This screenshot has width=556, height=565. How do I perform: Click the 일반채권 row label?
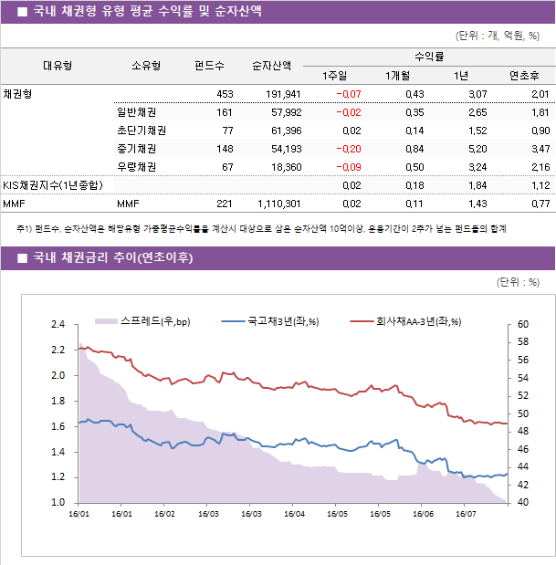(x=136, y=112)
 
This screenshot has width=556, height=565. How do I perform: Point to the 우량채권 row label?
(x=136, y=167)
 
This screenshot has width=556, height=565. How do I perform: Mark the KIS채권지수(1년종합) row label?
(x=51, y=185)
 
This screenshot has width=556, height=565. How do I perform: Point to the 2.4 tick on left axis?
(x=58, y=324)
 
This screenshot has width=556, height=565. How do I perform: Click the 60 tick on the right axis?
(x=522, y=324)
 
